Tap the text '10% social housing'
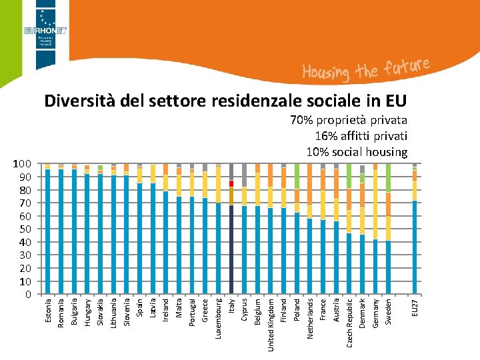357,152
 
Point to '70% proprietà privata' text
349,121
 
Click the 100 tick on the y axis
23,164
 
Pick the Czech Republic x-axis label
350,322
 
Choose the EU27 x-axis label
415,308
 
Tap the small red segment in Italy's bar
231,183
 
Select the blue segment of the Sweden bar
389,267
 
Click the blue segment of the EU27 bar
415,247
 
